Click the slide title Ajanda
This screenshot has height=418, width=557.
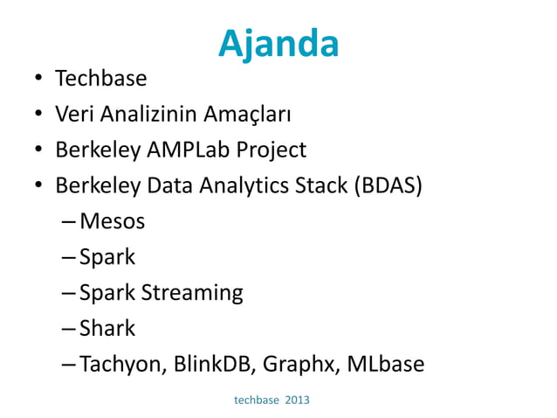click(x=278, y=43)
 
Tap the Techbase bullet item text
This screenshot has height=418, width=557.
click(x=100, y=79)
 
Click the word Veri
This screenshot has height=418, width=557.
click(x=74, y=115)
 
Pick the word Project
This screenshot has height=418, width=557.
click(x=272, y=151)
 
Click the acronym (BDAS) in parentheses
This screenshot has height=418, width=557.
click(x=389, y=186)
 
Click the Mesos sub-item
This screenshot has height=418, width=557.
click(x=112, y=222)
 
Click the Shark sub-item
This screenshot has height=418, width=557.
click(x=107, y=329)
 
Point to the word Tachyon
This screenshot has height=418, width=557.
click(x=117, y=365)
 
